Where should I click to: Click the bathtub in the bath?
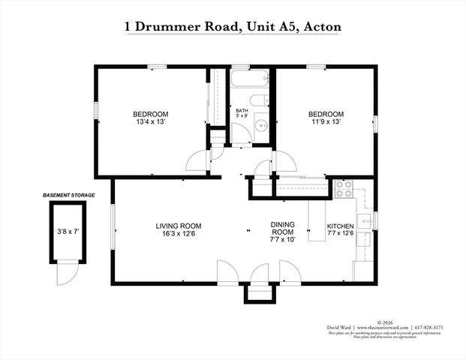[248, 80]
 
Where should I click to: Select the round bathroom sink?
[261, 126]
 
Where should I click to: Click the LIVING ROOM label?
[179, 226]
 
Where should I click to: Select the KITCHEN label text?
[341, 226]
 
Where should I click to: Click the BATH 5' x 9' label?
[242, 113]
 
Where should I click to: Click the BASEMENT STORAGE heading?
[68, 195]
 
